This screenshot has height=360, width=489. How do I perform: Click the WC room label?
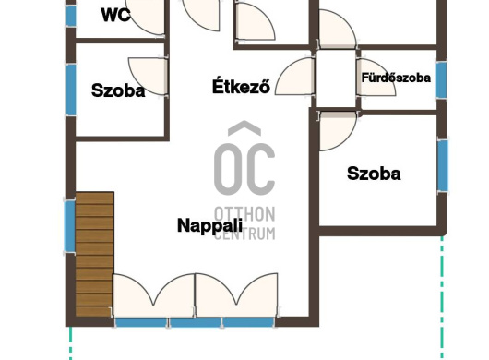pyautogui.click(x=115, y=15)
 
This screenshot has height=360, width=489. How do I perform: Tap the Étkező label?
pyautogui.click(x=241, y=86)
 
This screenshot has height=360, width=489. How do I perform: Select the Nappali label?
pyautogui.click(x=209, y=225)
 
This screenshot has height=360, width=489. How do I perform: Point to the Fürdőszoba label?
pyautogui.click(x=396, y=78)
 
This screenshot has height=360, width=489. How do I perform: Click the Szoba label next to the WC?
pyautogui.click(x=118, y=90)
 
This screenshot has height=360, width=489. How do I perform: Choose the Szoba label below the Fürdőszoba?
pyautogui.click(x=374, y=174)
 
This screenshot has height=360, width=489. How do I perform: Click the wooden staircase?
pyautogui.click(x=94, y=254)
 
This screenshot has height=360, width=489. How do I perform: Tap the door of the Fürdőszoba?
pyautogui.click(x=376, y=77)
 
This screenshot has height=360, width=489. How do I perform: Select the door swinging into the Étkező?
pyautogui.click(x=295, y=76)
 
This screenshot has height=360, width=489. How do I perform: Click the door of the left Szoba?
pyautogui.click(x=149, y=76)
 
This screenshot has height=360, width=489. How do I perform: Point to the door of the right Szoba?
pyautogui.click(x=338, y=131)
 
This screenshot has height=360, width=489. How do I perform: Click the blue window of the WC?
pyautogui.click(x=71, y=16)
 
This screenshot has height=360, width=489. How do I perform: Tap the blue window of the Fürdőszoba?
pyautogui.click(x=441, y=80)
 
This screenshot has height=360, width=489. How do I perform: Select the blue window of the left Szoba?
pyautogui.click(x=71, y=90)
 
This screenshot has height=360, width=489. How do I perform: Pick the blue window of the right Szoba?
pyautogui.click(x=443, y=165)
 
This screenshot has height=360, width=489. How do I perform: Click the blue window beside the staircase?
pyautogui.click(x=70, y=227)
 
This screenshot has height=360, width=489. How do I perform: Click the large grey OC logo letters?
pyautogui.click(x=244, y=159)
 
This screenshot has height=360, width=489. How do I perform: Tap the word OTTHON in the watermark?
pyautogui.click(x=244, y=214)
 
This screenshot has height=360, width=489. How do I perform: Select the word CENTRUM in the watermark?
pyautogui.click(x=244, y=234)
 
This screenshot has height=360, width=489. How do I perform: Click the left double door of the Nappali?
pyautogui.click(x=154, y=295)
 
